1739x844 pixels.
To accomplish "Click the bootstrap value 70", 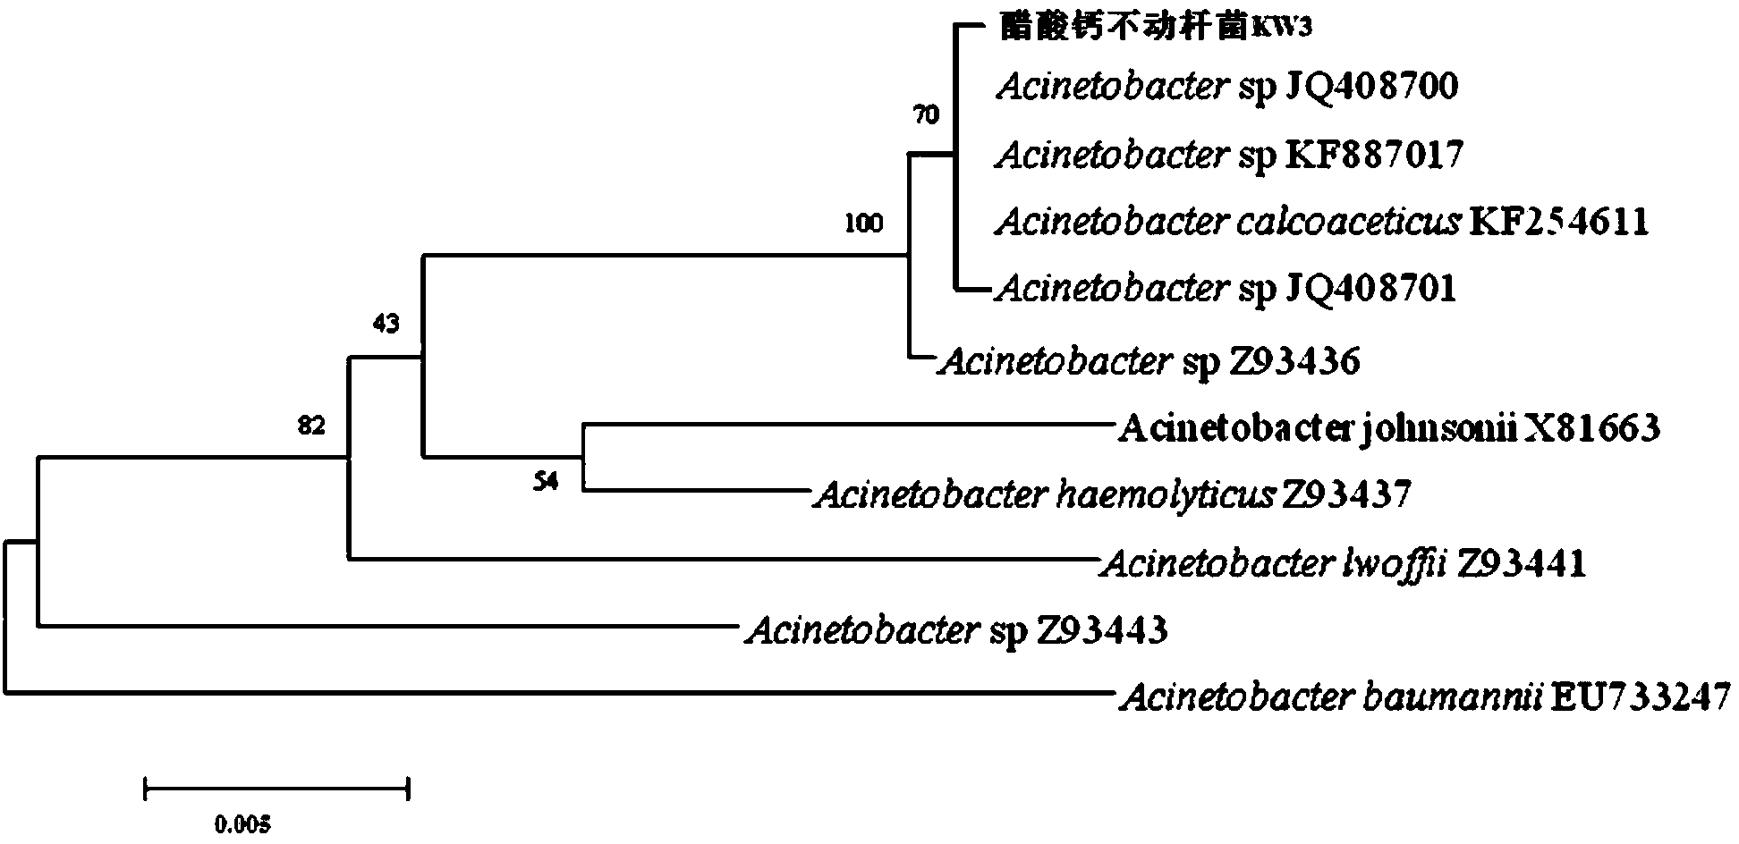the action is coord(926,115).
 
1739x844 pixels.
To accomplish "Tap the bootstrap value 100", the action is coord(863,224).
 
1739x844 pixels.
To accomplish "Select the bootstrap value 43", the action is coord(386,324).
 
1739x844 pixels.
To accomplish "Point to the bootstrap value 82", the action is coord(310,426).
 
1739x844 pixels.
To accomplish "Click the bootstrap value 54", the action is coord(546,483).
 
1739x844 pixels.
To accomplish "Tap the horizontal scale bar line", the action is coord(276,789).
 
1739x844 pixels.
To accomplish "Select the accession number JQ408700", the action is coord(1371,87).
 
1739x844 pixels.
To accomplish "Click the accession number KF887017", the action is coord(1374,155).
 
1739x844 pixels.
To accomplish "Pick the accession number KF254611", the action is coord(1559,221).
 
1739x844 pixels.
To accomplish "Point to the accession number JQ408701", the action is coord(1370,288).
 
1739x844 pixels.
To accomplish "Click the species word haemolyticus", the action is coord(1165,494).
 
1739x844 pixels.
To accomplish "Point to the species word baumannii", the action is coord(1451,696).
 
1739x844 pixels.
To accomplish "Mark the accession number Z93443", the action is coord(1102,631).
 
